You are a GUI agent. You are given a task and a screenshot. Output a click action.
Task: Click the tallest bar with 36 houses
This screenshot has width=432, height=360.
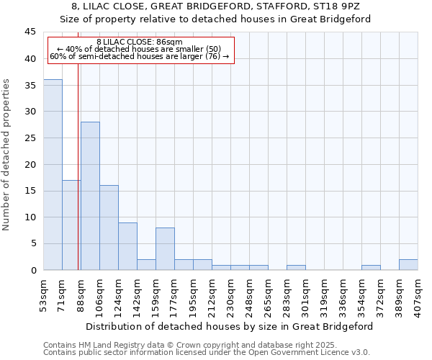coord(53,175)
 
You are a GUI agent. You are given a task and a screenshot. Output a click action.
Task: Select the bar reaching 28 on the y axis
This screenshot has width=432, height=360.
coord(90,196)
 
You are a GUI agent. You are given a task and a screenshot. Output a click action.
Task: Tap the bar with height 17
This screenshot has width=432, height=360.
coord(71,225)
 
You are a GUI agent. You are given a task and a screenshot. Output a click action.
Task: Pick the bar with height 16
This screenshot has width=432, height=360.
coord(109,228)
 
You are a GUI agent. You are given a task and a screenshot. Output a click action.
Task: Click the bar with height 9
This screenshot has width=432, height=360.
coord(127,246)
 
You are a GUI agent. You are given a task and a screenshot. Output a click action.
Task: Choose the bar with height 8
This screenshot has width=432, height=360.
coord(165,249)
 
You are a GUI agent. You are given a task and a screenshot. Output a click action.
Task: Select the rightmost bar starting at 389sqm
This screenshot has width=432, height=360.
coord(408,265)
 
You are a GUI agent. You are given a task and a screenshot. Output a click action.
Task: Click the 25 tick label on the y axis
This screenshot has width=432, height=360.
coord(30,138)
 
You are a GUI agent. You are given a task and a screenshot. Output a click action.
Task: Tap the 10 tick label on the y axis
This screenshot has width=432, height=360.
coord(30,217)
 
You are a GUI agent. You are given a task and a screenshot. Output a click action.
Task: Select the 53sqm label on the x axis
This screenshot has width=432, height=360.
coord(43,294)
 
